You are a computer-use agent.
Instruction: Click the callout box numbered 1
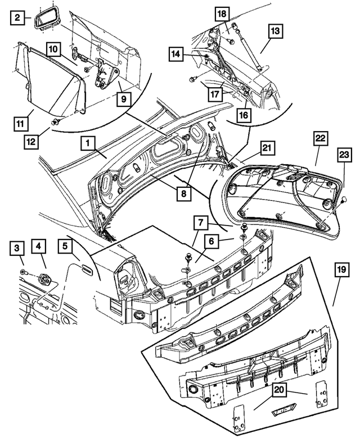[x=87, y=143]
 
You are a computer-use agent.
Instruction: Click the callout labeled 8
[x=182, y=192]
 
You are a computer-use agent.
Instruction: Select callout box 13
[x=276, y=33]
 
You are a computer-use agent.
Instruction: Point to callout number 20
[x=279, y=389]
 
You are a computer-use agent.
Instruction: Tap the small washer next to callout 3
[x=21, y=272]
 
